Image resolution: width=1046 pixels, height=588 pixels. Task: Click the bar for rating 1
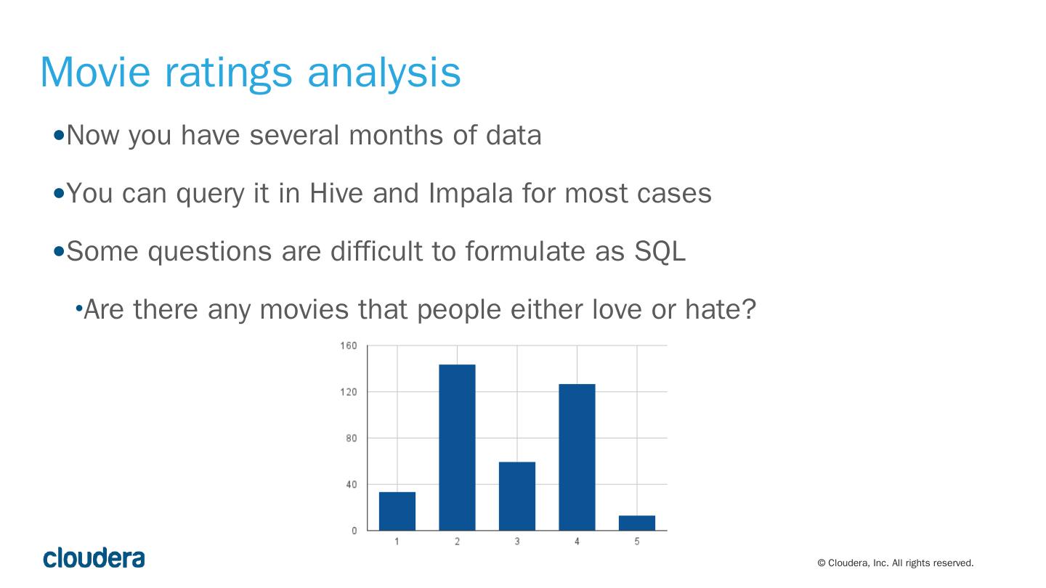(x=397, y=511)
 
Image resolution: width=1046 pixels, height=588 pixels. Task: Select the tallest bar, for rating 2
(x=457, y=447)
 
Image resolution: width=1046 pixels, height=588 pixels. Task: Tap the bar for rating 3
(x=517, y=496)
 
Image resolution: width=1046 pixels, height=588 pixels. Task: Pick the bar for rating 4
(x=577, y=457)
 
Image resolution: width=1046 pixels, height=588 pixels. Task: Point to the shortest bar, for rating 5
(x=637, y=523)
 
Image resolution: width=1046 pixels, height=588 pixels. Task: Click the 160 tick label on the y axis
(x=349, y=346)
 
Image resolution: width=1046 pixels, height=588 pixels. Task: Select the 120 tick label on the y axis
(x=349, y=392)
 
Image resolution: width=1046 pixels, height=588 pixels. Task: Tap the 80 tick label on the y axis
(x=351, y=438)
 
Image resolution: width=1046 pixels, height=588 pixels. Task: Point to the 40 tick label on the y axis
(x=351, y=484)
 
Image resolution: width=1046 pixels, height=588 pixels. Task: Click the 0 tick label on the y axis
(x=354, y=531)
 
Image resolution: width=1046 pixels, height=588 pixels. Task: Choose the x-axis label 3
(x=517, y=542)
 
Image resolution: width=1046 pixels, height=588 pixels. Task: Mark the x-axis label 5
(x=637, y=542)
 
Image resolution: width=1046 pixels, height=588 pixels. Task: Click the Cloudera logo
(x=94, y=558)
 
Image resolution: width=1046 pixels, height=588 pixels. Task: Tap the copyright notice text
(x=895, y=563)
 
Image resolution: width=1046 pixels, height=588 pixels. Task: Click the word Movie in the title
(x=95, y=72)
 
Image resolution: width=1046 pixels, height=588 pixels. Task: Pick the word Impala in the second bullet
(x=470, y=194)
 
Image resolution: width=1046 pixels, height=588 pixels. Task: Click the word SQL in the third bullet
(x=660, y=252)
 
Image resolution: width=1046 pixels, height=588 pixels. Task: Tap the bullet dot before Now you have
(x=59, y=135)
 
